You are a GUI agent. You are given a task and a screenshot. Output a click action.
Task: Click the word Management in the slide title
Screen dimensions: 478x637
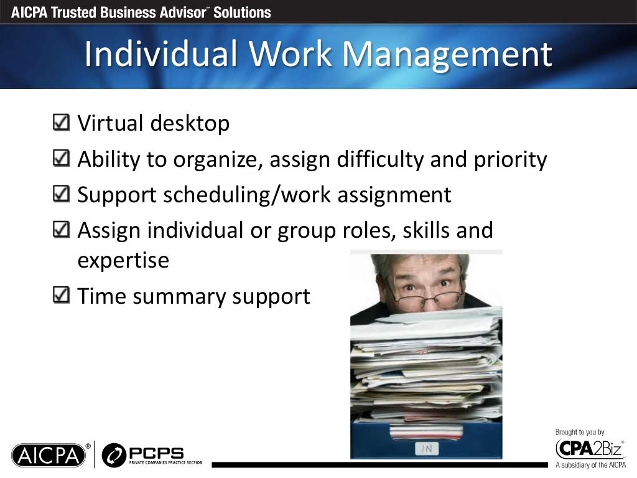coord(447,55)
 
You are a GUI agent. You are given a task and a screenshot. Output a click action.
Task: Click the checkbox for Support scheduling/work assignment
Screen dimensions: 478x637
coord(62,194)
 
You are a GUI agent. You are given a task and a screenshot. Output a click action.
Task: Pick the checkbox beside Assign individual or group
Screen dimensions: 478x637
coord(62,230)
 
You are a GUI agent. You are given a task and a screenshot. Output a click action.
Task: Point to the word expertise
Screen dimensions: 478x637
coord(123,261)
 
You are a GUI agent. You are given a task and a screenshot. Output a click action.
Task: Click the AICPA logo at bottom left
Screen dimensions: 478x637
coord(48,455)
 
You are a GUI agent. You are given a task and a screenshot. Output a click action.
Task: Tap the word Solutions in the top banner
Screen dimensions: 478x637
coord(242,12)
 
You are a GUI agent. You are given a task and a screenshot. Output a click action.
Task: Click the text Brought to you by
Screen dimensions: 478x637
coord(579,432)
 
